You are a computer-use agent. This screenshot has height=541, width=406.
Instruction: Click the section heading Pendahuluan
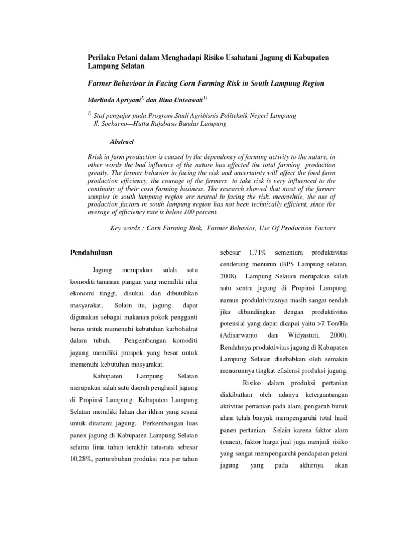(91, 253)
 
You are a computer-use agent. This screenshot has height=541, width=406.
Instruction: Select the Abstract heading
(122, 142)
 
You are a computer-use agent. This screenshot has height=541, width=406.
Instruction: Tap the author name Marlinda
(103, 99)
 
